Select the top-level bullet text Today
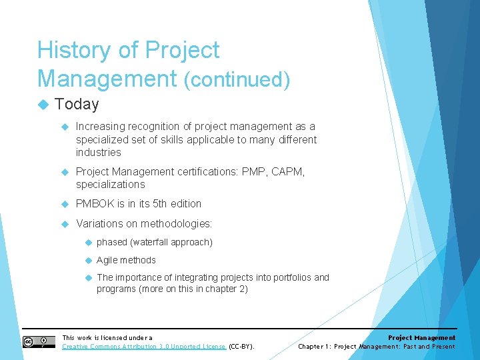(77, 104)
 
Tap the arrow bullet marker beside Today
(43, 105)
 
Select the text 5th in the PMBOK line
(153, 204)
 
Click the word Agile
(107, 260)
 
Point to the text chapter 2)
(228, 289)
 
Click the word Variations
(99, 223)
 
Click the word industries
(98, 153)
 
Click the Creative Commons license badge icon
(39, 342)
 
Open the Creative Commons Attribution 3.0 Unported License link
(143, 347)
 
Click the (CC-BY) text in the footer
(242, 347)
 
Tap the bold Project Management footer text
(421, 338)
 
